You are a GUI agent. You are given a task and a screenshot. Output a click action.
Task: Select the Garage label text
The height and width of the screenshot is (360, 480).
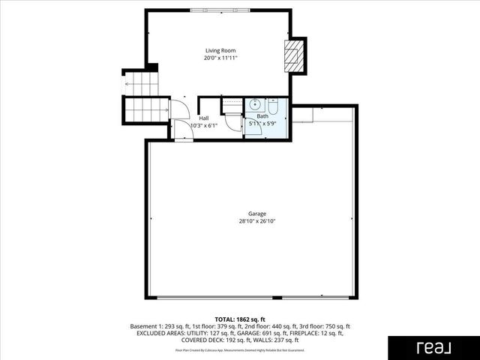(x=247, y=214)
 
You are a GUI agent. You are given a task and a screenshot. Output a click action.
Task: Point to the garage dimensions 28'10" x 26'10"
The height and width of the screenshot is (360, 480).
(x=247, y=221)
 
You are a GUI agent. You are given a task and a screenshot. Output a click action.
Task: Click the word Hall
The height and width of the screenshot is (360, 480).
(x=204, y=118)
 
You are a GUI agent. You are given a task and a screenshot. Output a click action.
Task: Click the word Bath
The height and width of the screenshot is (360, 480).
(x=262, y=116)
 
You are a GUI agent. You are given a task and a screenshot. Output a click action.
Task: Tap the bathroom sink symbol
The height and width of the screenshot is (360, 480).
(x=254, y=105)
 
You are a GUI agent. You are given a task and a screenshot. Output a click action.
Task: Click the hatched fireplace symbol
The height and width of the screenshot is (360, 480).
(x=295, y=55)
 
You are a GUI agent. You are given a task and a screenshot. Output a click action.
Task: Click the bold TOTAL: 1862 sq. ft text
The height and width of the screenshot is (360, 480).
(x=240, y=319)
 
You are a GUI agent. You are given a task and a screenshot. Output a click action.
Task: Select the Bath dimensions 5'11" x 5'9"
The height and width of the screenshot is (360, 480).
(x=262, y=123)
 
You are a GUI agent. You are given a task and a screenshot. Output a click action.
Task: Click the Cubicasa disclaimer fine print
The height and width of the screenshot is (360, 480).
(x=240, y=349)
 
